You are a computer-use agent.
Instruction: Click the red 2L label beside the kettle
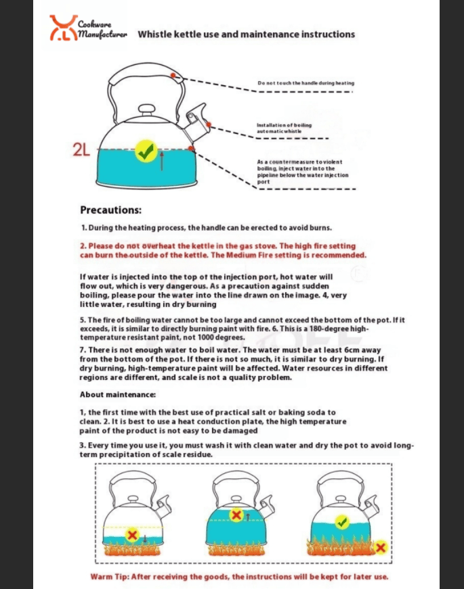(81, 151)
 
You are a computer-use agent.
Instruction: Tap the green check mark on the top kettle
(145, 151)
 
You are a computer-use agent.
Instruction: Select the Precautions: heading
(110, 210)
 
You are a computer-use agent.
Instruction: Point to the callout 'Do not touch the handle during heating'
(305, 83)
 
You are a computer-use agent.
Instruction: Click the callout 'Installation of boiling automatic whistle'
(284, 128)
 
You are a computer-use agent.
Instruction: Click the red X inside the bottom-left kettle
(133, 536)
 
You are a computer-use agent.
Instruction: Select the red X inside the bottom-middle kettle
(236, 516)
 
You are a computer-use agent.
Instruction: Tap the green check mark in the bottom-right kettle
(341, 522)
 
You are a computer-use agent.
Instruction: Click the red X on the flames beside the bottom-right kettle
(381, 546)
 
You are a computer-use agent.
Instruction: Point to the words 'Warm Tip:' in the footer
(108, 577)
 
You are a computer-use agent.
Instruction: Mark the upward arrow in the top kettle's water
(162, 160)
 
